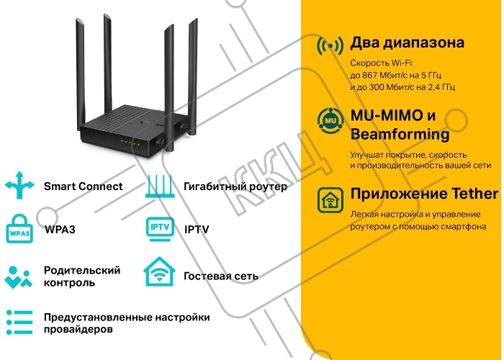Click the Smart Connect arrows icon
(x=19, y=186)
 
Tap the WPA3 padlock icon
(x=19, y=229)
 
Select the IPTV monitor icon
(x=160, y=229)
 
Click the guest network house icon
(x=159, y=272)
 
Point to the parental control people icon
(x=18, y=277)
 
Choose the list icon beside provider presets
(x=19, y=323)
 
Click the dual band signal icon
(x=330, y=46)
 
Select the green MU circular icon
(x=330, y=121)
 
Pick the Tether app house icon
(x=330, y=200)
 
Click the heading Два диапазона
(x=408, y=42)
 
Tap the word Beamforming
(x=400, y=134)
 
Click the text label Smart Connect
(x=84, y=186)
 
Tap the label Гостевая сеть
(x=221, y=276)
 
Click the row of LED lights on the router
(x=130, y=143)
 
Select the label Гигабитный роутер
(x=235, y=186)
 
